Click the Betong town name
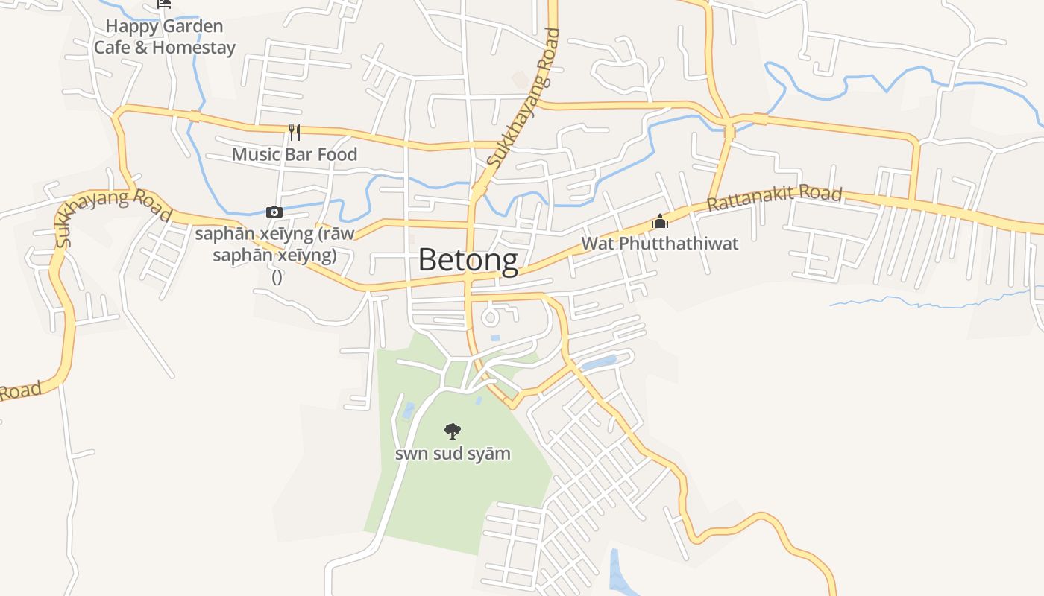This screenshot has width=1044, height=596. click(468, 260)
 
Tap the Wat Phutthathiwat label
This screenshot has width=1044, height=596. click(659, 244)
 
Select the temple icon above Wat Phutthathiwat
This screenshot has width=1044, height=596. click(660, 221)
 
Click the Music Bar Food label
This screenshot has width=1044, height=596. click(295, 154)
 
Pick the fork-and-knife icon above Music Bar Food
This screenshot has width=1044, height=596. click(295, 133)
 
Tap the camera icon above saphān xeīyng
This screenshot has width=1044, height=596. click(274, 212)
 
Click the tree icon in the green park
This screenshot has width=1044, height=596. click(452, 431)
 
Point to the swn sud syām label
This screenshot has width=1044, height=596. click(453, 453)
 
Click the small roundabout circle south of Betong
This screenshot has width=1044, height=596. click(490, 318)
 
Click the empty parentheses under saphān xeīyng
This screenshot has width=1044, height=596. click(277, 276)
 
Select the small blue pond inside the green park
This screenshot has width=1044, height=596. click(408, 410)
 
